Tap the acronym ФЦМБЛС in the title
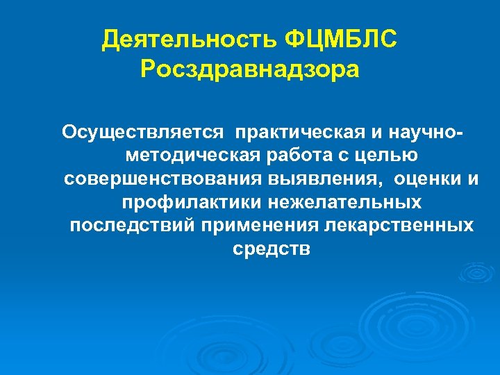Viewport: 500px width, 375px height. pyautogui.click(x=342, y=40)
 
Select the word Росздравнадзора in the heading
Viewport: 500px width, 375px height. pyautogui.click(x=250, y=69)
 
